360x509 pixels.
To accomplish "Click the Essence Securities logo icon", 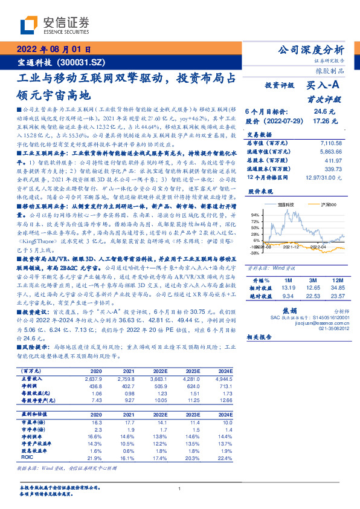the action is pyautogui.click(x=29, y=25).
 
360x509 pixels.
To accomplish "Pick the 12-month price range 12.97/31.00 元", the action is pyautogui.click(x=323, y=177).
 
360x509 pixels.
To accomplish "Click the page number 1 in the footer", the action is pyautogui.click(x=180, y=488).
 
